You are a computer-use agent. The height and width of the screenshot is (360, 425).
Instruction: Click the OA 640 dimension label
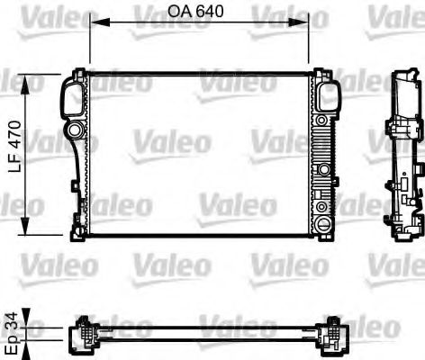click(x=195, y=12)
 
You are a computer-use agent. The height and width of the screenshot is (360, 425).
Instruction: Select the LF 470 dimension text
click(x=15, y=147)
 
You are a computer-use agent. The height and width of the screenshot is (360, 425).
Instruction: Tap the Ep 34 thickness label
click(x=13, y=332)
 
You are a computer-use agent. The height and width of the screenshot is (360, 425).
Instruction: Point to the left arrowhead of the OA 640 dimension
click(x=100, y=22)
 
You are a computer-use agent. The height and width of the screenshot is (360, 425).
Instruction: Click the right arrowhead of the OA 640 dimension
click(x=298, y=22)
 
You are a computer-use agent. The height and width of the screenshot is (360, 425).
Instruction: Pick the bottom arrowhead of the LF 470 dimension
click(x=25, y=225)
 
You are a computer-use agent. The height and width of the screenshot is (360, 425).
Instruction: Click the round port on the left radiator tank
click(x=74, y=130)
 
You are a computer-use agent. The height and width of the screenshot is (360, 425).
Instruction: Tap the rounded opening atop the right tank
click(x=329, y=96)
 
